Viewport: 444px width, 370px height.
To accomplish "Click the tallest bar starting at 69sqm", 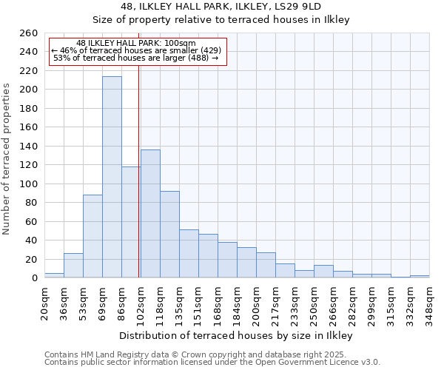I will click(x=112, y=178).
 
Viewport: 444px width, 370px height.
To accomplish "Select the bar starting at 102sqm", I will click(x=150, y=214).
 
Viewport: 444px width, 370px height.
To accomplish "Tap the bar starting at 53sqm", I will click(x=92, y=236).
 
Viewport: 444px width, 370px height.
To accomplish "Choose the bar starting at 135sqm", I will click(x=189, y=254).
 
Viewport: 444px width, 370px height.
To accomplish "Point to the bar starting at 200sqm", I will click(x=266, y=265).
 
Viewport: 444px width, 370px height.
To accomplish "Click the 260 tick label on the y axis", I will click(x=28, y=33).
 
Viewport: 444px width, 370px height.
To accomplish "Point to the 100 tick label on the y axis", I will click(x=28, y=184).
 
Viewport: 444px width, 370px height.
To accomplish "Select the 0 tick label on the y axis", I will click(x=34, y=278).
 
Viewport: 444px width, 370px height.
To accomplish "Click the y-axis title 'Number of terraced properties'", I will click(x=7, y=159).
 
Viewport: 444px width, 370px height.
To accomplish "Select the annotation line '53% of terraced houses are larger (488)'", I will click(x=136, y=58).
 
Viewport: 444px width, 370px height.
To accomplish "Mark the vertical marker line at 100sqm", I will click(x=139, y=170).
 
